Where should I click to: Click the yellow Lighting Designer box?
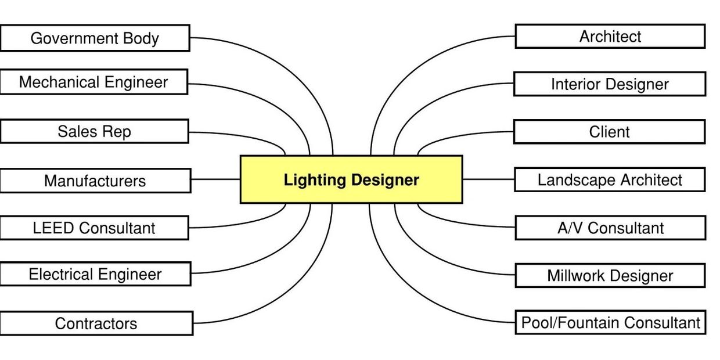click(351, 179)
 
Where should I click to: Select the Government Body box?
click(95, 38)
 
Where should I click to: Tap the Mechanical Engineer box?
click(93, 82)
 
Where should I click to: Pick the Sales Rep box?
click(94, 131)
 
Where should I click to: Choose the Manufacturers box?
click(95, 181)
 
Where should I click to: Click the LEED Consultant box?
click(94, 228)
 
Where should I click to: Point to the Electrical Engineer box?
click(95, 274)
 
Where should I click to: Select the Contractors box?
click(96, 323)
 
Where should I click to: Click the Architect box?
click(610, 37)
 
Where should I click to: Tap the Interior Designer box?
click(610, 84)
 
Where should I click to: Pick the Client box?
click(609, 132)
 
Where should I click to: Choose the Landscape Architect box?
click(610, 180)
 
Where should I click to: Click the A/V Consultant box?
click(610, 228)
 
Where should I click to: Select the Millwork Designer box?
click(610, 275)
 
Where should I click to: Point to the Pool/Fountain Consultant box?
click(610, 322)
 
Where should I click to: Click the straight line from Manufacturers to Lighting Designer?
click(215, 179)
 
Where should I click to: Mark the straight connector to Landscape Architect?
click(488, 179)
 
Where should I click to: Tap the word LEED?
click(53, 228)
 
